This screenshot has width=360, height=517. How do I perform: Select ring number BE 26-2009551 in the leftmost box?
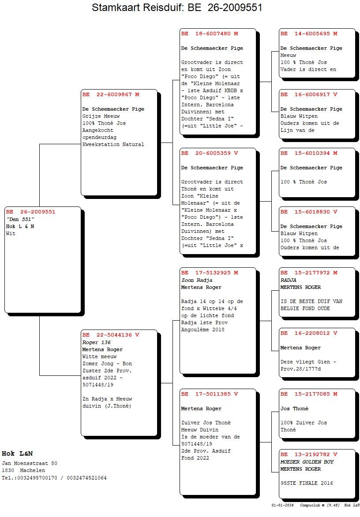point(31,212)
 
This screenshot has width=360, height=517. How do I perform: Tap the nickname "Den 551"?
point(20,219)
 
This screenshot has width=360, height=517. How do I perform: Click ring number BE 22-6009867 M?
point(111,94)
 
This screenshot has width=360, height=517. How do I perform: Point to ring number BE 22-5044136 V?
point(111,335)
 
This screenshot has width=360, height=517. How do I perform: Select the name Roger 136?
point(97,342)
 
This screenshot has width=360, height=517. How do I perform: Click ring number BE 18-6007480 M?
point(210,34)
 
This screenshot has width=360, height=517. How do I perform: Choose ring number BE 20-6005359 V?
point(210,153)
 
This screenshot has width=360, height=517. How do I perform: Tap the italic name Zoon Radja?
point(197,280)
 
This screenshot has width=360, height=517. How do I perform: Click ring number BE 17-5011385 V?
point(210,394)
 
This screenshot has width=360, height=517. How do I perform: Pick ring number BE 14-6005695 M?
point(309,34)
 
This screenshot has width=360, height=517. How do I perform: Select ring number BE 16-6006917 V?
point(309,94)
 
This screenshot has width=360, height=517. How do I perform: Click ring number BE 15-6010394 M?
point(309,153)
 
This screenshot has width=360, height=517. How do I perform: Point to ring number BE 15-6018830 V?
point(309,212)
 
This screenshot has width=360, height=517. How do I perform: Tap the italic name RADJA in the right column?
point(289,280)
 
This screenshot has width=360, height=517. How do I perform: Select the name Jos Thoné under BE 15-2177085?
point(295,408)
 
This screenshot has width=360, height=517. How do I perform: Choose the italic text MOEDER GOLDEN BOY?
point(307,462)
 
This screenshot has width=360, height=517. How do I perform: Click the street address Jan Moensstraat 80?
point(30,463)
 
